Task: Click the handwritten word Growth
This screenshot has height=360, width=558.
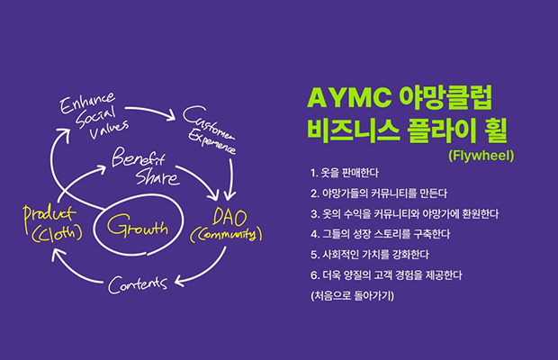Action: pyautogui.click(x=138, y=226)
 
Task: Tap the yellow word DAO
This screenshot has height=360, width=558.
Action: pyautogui.click(x=229, y=217)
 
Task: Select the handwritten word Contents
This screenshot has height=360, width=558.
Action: pyautogui.click(x=138, y=284)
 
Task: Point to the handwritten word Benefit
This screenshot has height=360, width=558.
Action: pyautogui.click(x=139, y=157)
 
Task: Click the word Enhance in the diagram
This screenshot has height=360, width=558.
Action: pyautogui.click(x=86, y=103)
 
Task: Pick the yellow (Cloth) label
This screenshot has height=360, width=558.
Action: pyautogui.click(x=57, y=233)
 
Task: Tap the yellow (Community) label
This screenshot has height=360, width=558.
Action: pyautogui.click(x=226, y=234)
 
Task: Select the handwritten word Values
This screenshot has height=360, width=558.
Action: pyautogui.click(x=109, y=130)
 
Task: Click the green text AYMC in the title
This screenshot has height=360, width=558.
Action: pyautogui.click(x=349, y=97)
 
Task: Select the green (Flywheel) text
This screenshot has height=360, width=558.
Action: pyautogui.click(x=481, y=156)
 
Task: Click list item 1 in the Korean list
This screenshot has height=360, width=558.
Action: pyautogui.click(x=344, y=173)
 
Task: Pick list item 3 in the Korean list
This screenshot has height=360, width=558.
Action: pyautogui.click(x=404, y=214)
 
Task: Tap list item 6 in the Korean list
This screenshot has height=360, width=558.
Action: pyautogui.click(x=386, y=275)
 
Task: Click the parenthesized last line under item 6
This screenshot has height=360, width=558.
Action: pyautogui.click(x=352, y=295)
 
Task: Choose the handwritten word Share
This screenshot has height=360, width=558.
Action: pyautogui.click(x=157, y=176)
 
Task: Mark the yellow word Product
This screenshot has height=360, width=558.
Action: pyautogui.click(x=49, y=216)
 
